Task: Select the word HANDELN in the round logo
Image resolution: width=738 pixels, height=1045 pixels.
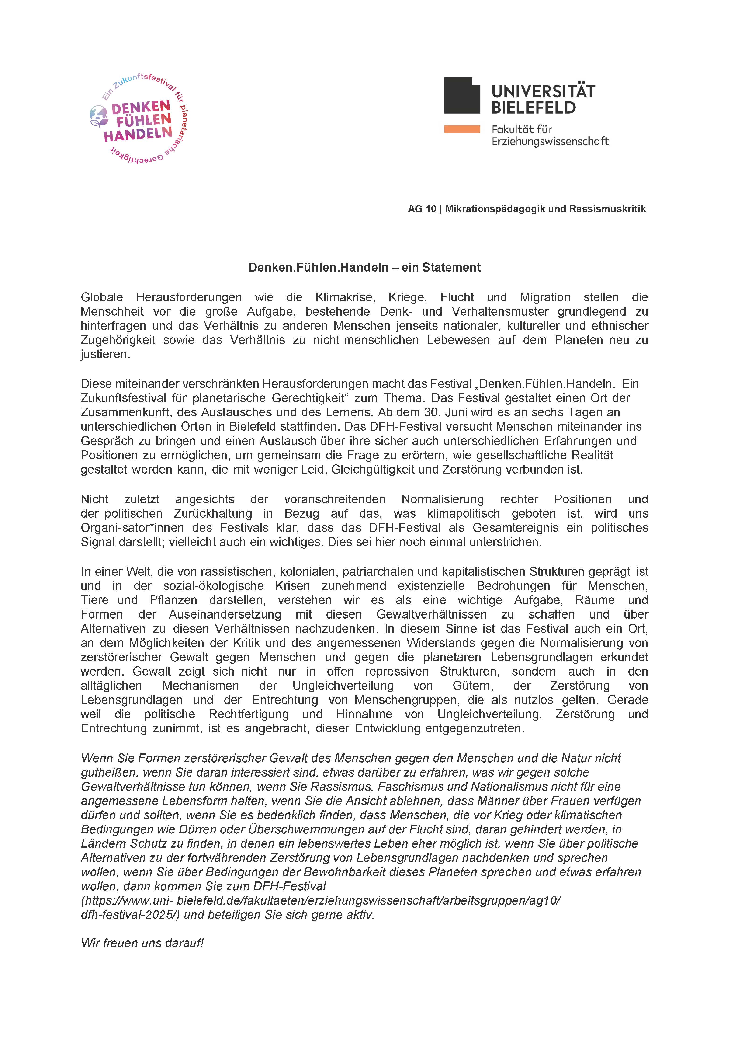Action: pos(138,134)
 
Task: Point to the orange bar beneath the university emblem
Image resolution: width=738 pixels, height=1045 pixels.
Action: pos(462,129)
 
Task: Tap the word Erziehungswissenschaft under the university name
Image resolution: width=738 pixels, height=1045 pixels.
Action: pos(550,142)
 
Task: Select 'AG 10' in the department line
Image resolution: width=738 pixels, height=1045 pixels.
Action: pos(421,209)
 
